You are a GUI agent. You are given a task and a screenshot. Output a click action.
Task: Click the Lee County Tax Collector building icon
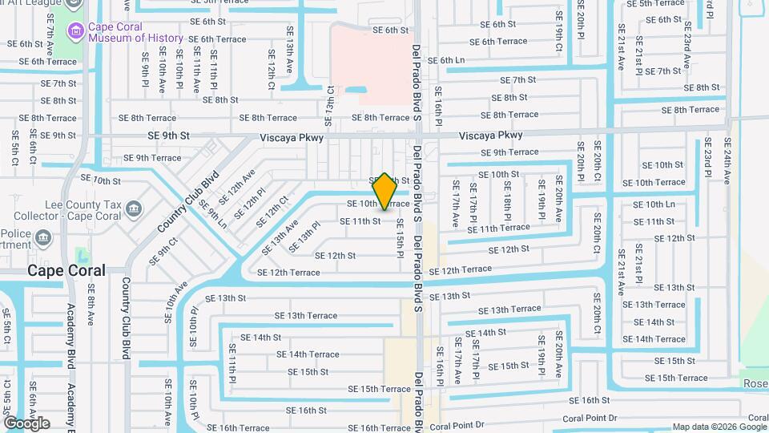coord(134,210)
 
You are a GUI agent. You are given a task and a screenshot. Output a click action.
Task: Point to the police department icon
coord(42,237)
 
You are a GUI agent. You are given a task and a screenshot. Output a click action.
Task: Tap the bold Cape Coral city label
coord(66,270)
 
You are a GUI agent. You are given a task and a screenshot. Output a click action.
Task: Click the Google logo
coord(26,423)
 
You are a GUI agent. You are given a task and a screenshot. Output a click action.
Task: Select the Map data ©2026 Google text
coord(719,427)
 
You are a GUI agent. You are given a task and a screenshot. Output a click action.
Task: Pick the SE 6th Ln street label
coord(446,60)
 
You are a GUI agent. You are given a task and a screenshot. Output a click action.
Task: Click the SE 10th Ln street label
coord(654,204)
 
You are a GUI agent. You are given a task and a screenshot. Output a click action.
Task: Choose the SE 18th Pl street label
coord(508,206)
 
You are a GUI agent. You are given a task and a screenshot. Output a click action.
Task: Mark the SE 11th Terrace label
coord(498,229)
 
